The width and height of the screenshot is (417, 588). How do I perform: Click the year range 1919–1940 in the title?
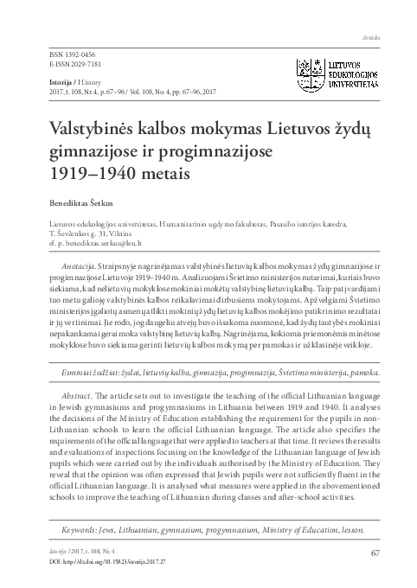pos(86,171)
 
